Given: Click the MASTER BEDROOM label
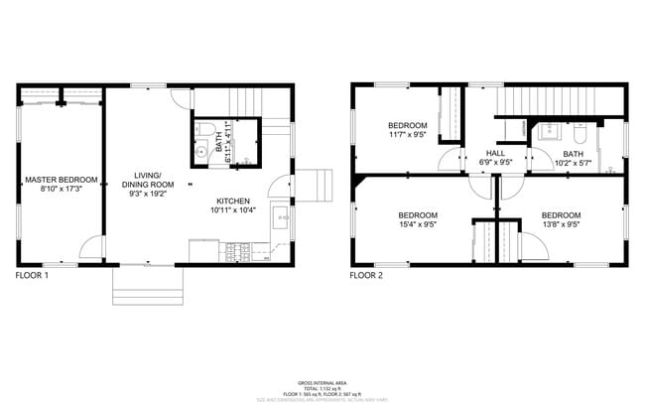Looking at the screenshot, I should point(62,180).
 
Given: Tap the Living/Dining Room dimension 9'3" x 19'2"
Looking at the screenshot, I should point(148,195).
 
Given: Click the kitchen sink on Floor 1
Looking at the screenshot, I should point(281,217).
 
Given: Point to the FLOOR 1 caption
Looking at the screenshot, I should point(32,275).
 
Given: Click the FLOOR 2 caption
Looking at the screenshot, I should point(366,275).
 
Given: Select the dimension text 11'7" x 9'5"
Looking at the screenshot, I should point(407,135).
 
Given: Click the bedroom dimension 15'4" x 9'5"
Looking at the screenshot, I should point(418,224).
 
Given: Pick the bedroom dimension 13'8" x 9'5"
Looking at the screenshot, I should point(561,224).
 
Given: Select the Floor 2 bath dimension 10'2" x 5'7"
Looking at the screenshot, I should point(574,163).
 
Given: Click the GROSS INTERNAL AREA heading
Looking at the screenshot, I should point(322,382).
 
